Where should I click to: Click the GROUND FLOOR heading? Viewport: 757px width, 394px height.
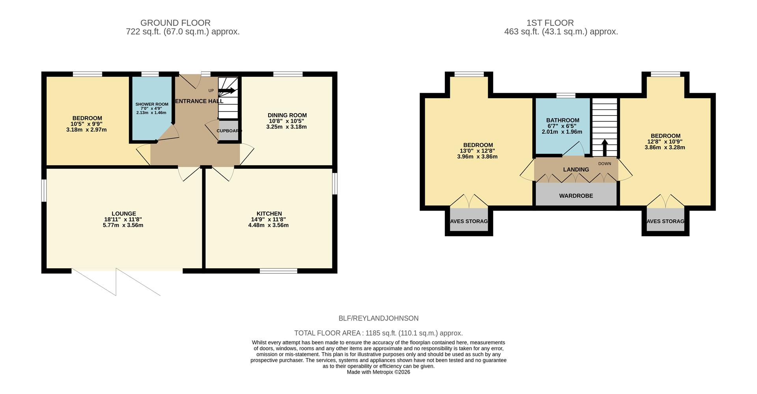[175, 23]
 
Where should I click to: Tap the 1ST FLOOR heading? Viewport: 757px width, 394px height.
[561, 23]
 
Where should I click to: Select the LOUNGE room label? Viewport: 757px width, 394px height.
[123, 214]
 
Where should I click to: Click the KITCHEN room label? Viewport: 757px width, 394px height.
[269, 214]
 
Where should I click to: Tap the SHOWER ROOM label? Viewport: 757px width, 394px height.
[152, 104]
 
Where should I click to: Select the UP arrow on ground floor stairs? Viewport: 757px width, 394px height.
[227, 91]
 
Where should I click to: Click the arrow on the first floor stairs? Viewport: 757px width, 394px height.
[604, 147]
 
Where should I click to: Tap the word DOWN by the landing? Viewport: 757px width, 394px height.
[604, 164]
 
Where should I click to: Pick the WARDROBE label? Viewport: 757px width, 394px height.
[576, 196]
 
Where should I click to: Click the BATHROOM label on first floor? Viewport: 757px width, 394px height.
[562, 120]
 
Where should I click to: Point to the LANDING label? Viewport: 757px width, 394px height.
[576, 170]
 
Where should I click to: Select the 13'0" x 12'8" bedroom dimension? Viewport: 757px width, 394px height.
[478, 151]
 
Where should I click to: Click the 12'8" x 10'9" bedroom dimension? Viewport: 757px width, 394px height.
[665, 142]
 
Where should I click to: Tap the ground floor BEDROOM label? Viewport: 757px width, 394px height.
[87, 118]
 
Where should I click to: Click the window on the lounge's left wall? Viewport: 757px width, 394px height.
[44, 190]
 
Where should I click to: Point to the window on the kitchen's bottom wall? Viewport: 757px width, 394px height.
[278, 271]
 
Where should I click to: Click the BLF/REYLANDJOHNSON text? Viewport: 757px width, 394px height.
[378, 318]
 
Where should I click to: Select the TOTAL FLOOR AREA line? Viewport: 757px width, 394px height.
[378, 333]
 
